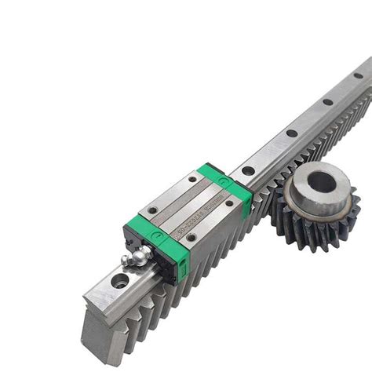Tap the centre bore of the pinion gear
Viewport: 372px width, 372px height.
(322, 182)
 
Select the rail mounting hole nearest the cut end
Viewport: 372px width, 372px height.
(119, 280)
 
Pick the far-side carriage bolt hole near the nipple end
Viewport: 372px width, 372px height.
(152, 210)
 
